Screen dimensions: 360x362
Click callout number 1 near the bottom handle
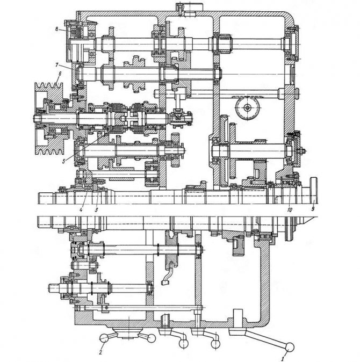pyautogui.click(x=282, y=359)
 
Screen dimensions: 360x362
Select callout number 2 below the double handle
pyautogui.click(x=100, y=352)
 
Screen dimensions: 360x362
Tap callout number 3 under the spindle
pyautogui.click(x=97, y=209)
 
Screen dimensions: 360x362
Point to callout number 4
pyautogui.click(x=81, y=209)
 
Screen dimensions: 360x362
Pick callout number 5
pyautogui.click(x=64, y=161)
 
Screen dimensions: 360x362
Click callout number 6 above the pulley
pyautogui.click(x=60, y=74)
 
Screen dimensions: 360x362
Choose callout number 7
pyautogui.click(x=57, y=65)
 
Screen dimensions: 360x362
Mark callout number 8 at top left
pyautogui.click(x=57, y=30)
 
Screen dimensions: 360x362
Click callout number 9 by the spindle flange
pyautogui.click(x=313, y=209)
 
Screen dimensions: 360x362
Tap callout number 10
pyautogui.click(x=290, y=209)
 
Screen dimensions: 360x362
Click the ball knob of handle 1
pyautogui.click(x=290, y=347)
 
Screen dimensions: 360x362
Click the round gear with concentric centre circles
pyautogui.click(x=248, y=107)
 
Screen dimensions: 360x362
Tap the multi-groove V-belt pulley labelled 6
pyautogui.click(x=49, y=119)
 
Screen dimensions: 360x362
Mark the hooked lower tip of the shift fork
pyautogui.click(x=165, y=282)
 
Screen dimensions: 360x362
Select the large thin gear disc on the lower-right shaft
pyautogui.click(x=224, y=151)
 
